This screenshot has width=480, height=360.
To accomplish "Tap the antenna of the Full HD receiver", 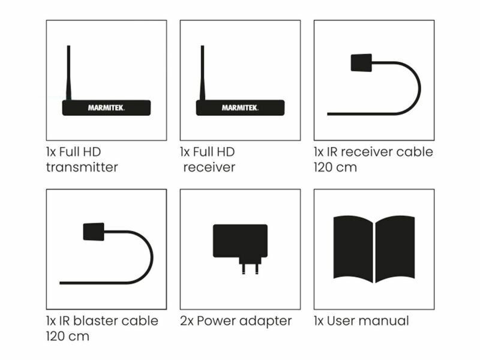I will tap(202, 72).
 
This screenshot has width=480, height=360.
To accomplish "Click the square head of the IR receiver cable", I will tap(360, 63).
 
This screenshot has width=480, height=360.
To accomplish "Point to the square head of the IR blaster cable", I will tap(93, 232).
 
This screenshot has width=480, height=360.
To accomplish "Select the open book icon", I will tap(374, 248).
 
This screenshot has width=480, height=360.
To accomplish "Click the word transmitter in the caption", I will tap(82, 167).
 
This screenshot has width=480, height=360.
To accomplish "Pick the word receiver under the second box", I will tap(209, 167).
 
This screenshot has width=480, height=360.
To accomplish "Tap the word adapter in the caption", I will tap(268, 321).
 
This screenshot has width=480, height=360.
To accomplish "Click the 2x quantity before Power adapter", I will tap(186, 321).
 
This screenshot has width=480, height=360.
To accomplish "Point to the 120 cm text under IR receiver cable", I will tap(335, 167).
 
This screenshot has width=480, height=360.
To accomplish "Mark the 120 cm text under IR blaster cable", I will tap(67, 336).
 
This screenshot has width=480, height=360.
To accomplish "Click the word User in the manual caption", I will tap(340, 321).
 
